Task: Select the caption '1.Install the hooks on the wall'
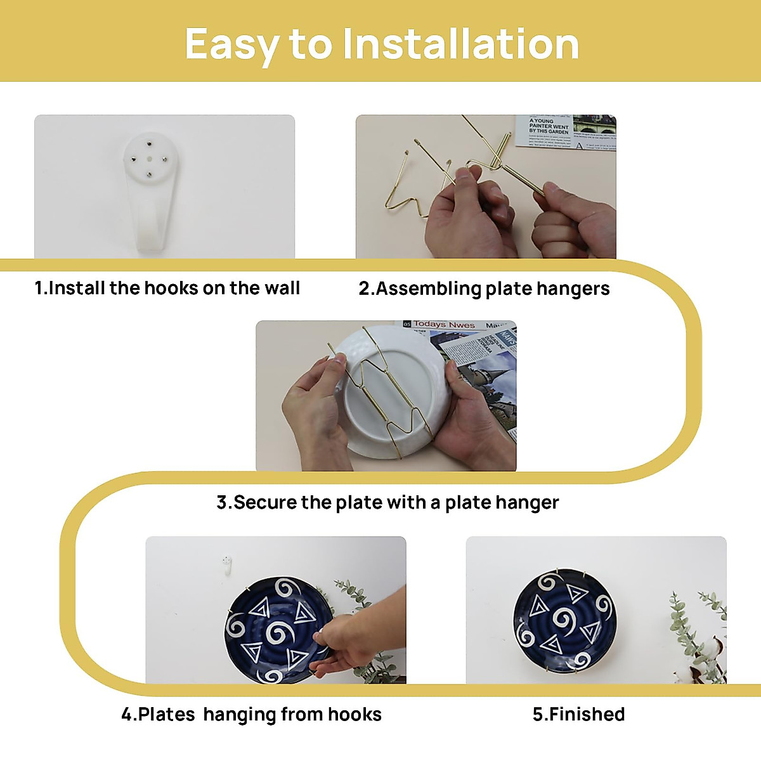(167, 288)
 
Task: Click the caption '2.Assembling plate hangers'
(484, 289)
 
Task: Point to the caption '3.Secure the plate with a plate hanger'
(387, 502)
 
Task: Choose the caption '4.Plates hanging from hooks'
(251, 714)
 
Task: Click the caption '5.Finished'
(578, 714)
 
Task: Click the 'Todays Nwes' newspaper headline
(444, 325)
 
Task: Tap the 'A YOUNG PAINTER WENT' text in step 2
(549, 126)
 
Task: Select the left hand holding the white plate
(314, 412)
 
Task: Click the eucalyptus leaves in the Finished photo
(698, 634)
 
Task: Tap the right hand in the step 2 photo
(571, 222)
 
